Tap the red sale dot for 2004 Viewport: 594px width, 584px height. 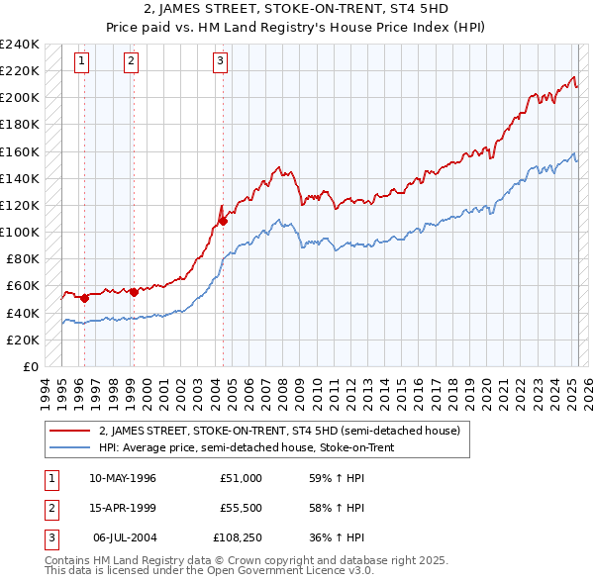224,221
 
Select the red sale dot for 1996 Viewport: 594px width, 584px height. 85,298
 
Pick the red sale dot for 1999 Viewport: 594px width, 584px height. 134,292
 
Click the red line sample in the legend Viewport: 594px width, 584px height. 71,432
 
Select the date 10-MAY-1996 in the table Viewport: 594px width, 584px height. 122,478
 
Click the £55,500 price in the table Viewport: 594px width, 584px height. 240,509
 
